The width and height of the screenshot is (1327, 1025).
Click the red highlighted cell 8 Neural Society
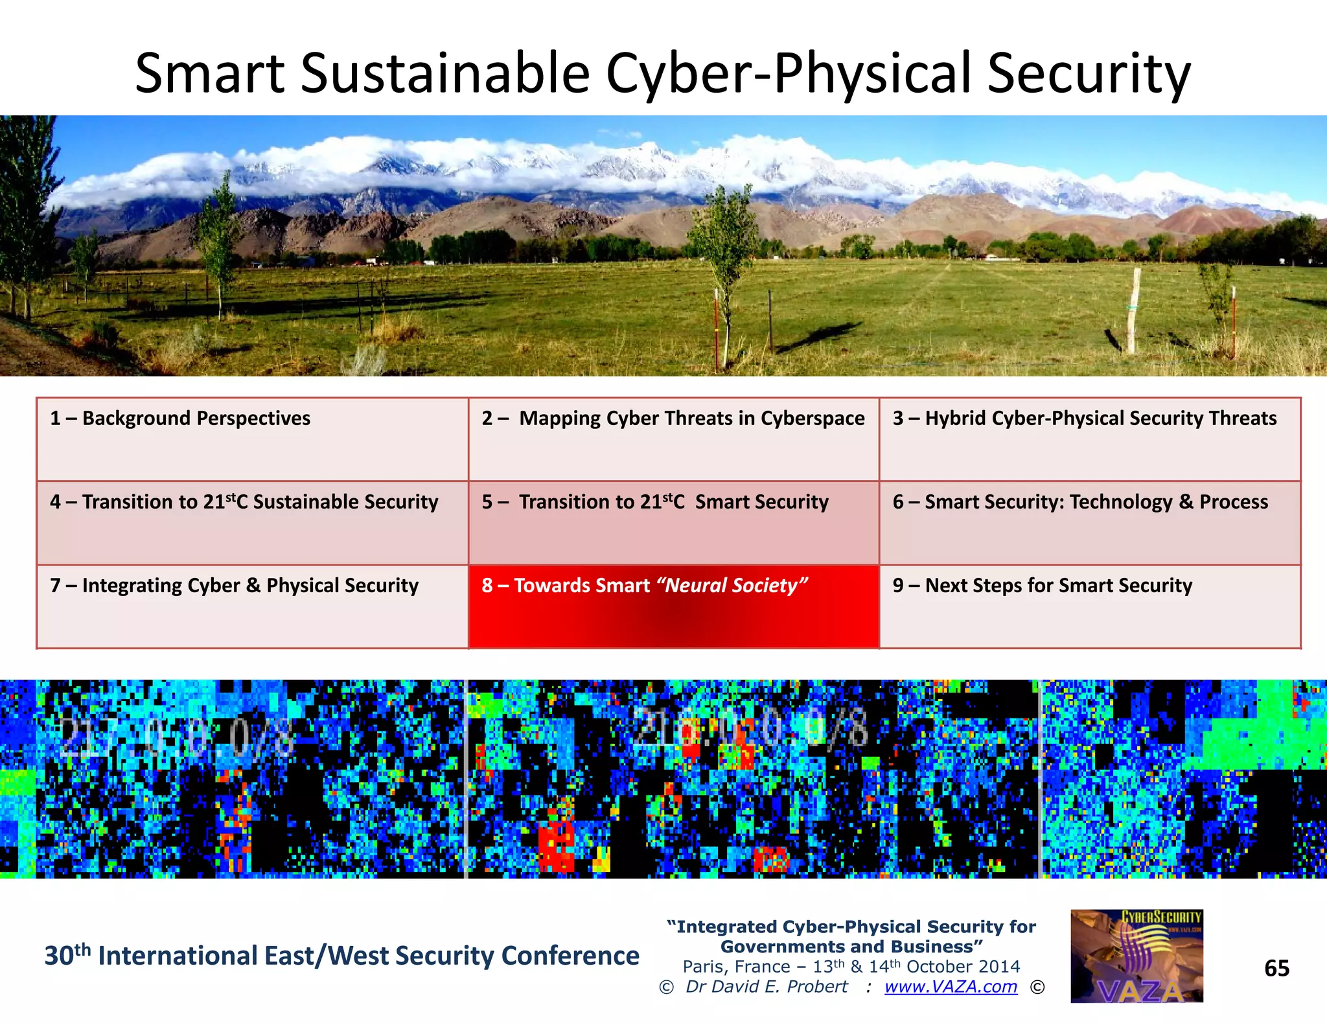(x=673, y=606)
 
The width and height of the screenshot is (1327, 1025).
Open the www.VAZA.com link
(x=951, y=987)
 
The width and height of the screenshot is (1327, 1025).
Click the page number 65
(x=1276, y=969)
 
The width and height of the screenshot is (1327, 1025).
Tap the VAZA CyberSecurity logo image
(x=1137, y=956)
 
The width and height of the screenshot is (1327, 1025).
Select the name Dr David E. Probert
(x=767, y=987)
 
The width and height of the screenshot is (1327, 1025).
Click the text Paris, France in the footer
(x=735, y=967)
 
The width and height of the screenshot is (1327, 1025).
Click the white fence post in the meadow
(x=1133, y=310)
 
